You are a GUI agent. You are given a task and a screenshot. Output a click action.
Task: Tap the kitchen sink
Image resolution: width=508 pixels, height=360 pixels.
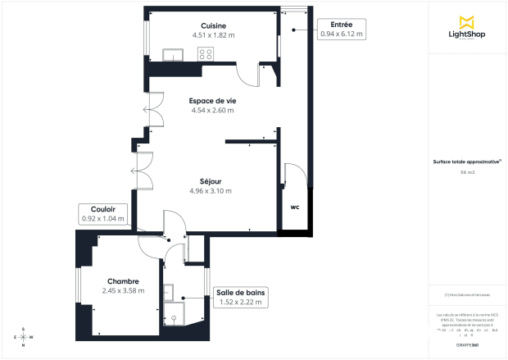click(x=172, y=55)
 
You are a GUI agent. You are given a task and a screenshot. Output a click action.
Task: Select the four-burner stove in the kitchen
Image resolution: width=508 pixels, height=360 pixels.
click(x=206, y=54)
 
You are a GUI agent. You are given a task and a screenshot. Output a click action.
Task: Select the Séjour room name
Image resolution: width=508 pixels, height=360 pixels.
click(x=211, y=180)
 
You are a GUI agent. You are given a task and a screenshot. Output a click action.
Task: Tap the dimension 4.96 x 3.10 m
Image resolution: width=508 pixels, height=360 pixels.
click(x=211, y=190)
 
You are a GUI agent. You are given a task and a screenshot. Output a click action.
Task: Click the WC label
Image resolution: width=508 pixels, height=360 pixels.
click(x=293, y=207)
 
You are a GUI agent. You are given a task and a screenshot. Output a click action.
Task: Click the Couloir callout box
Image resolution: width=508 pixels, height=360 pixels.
click(x=102, y=214)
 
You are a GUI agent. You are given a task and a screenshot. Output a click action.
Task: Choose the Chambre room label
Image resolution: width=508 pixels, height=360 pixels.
click(x=123, y=280)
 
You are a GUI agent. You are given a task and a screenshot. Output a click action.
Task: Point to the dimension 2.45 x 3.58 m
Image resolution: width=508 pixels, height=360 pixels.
click(x=123, y=290)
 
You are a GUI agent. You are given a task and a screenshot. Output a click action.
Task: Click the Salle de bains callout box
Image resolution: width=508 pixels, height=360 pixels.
click(x=240, y=297)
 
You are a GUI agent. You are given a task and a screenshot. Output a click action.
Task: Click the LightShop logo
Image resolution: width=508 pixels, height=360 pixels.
click(x=468, y=28)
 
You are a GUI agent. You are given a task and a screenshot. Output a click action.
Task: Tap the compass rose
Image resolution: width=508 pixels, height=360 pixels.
click(x=24, y=336)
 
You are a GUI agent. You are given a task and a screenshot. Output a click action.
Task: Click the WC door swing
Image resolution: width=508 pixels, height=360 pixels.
click(x=292, y=176)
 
